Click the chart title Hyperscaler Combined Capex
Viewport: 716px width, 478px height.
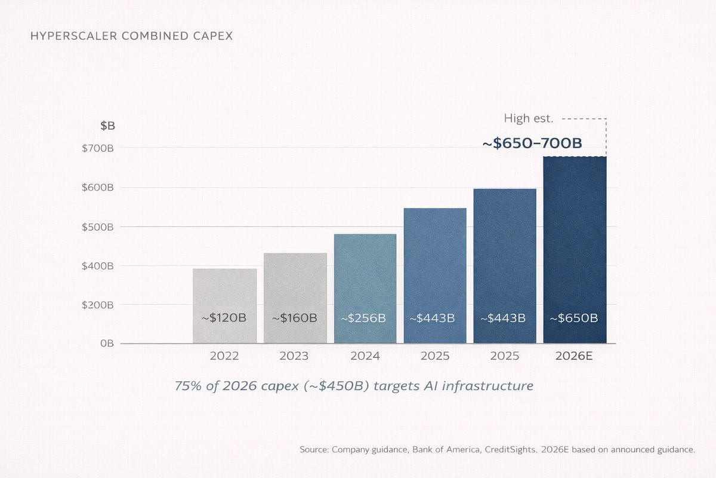[x=131, y=36]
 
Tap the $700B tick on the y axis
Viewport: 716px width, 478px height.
[x=98, y=148]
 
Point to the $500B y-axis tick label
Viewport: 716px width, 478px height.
[x=98, y=227]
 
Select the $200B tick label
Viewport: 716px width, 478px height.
[x=98, y=305]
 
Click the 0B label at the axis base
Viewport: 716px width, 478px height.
[x=107, y=344]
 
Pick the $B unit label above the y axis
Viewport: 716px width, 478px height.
[x=108, y=126]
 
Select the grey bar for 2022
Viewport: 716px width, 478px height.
[x=224, y=293]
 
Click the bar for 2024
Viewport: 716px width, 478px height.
[x=365, y=275]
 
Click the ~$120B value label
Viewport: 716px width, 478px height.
[x=224, y=318]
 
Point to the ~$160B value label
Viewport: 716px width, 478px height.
[x=294, y=318]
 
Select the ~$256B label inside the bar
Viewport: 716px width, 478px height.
[x=364, y=318]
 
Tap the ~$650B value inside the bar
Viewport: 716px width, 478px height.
[x=573, y=318]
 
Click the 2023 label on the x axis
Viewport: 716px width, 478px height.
[x=294, y=356]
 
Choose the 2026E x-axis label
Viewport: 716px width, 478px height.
[x=574, y=356]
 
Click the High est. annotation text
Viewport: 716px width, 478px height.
[x=529, y=118]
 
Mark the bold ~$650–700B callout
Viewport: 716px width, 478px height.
[x=532, y=143]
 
